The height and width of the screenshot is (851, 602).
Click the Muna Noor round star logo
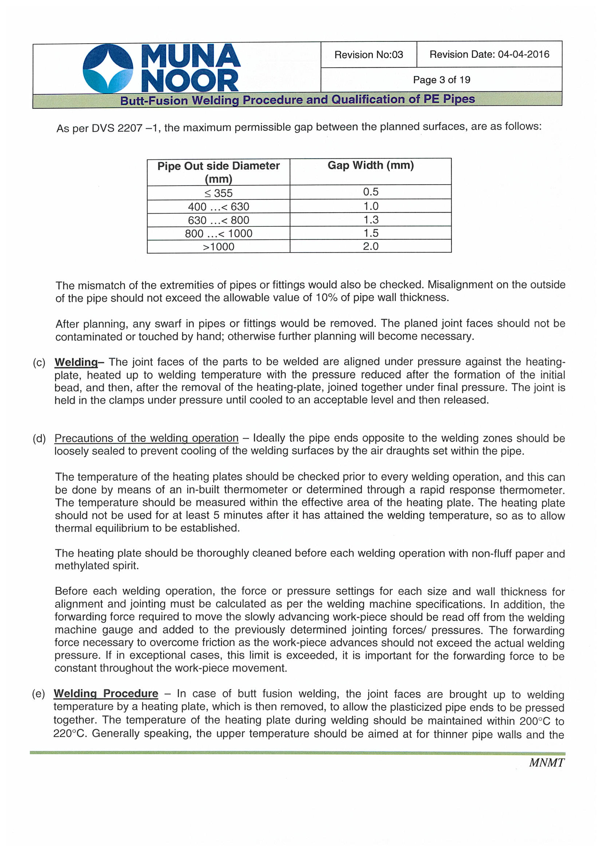(x=107, y=68)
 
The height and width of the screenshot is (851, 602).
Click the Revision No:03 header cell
(x=368, y=55)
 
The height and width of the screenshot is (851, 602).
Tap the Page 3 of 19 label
(x=441, y=80)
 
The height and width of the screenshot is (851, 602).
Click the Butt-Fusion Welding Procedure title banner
(x=298, y=100)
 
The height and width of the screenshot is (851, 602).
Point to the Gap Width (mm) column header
(x=370, y=165)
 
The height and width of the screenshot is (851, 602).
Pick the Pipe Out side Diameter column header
(x=219, y=172)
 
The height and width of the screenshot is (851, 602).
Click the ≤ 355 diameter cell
(x=219, y=193)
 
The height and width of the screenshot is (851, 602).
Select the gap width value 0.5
(x=370, y=192)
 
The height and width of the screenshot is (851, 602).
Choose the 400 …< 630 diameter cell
(x=219, y=206)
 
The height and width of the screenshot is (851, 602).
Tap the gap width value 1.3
(x=370, y=220)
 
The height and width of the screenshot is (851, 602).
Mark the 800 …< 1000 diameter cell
(x=219, y=234)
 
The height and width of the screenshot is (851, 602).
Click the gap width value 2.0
(x=370, y=246)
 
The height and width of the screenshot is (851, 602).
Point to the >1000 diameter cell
(x=219, y=247)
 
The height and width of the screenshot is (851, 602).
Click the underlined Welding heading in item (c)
(x=76, y=362)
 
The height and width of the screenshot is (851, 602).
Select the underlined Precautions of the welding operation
(x=146, y=438)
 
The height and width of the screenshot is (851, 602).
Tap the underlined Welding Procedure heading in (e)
(x=106, y=693)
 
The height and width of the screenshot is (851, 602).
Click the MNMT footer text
(x=546, y=763)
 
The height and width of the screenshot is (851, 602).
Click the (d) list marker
(x=39, y=439)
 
